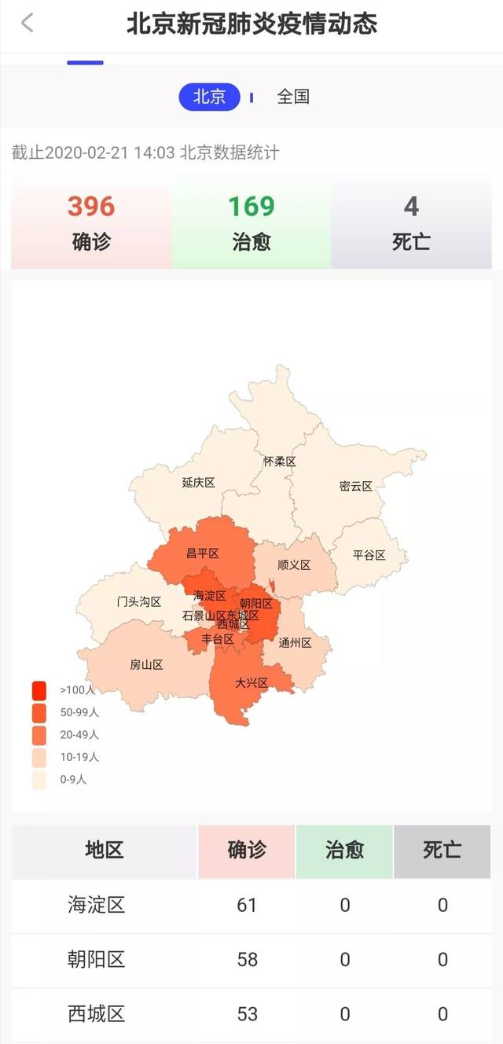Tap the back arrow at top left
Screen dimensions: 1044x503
pos(28,23)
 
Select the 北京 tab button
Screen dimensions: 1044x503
pos(209,97)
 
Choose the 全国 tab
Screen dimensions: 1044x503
pos(293,97)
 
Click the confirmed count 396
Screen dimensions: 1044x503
pos(91,207)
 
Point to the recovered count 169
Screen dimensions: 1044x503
pos(251,207)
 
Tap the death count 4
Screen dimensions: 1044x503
pos(411,207)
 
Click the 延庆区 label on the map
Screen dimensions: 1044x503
pos(199,483)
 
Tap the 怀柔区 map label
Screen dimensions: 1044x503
pos(280,461)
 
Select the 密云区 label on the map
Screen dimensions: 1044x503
pos(356,486)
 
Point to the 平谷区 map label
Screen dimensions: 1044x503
pos(369,555)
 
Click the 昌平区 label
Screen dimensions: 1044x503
pos(203,553)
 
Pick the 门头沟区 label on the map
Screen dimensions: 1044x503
pos(139,602)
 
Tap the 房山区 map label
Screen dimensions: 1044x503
pos(146,665)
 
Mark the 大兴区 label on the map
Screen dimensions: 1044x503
pos(251,682)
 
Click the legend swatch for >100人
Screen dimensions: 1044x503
pos(39,690)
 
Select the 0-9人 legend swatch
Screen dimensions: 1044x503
pos(39,780)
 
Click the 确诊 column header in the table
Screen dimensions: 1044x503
pos(247,850)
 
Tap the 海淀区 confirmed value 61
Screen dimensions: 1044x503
pos(247,905)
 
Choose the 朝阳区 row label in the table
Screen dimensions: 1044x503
pos(97,959)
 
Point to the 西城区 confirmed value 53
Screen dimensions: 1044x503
pos(247,1013)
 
